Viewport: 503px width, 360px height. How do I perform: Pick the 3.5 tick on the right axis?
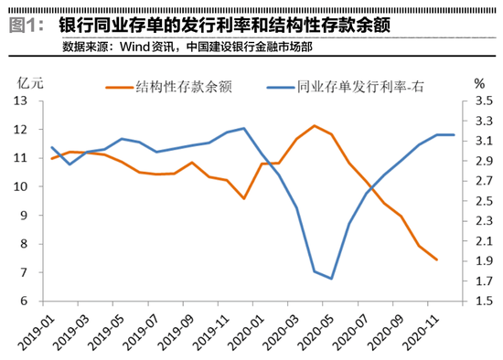click(484, 101)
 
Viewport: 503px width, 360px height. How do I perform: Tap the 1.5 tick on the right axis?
click(484, 302)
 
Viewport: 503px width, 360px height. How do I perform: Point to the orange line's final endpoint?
click(437, 260)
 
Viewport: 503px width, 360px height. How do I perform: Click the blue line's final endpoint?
click(455, 135)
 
